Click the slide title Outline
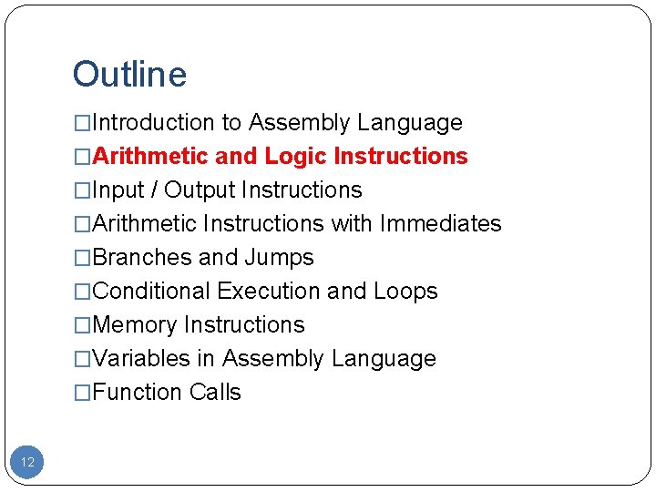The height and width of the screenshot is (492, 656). coord(129,75)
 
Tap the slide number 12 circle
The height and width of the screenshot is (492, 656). coord(27,462)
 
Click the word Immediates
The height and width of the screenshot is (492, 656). coord(440,224)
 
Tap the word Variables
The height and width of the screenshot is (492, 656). coord(141,359)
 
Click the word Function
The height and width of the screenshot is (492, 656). coord(138,393)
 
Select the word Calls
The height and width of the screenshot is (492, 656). coord(216,393)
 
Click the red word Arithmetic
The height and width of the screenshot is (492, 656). coord(150,157)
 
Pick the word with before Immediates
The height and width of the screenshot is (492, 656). coord(352,224)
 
